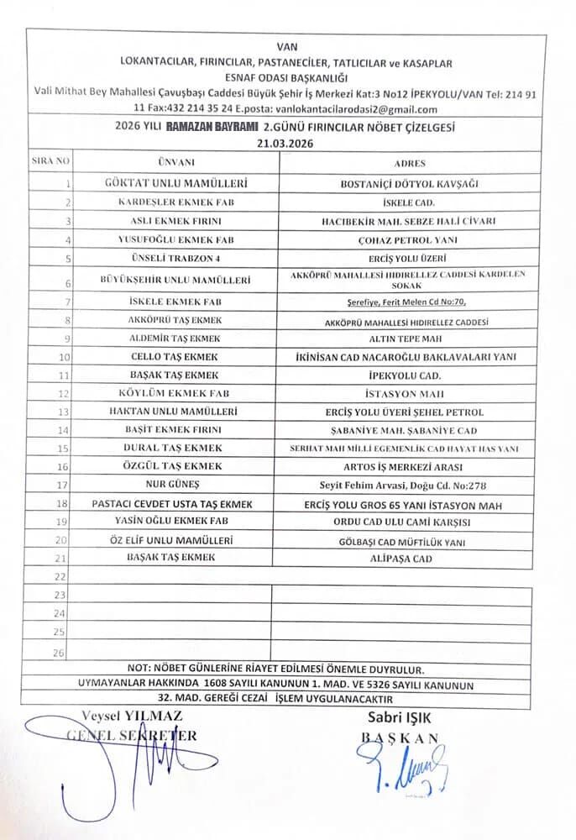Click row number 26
tap(59, 651)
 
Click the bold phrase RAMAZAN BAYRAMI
tap(210, 126)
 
